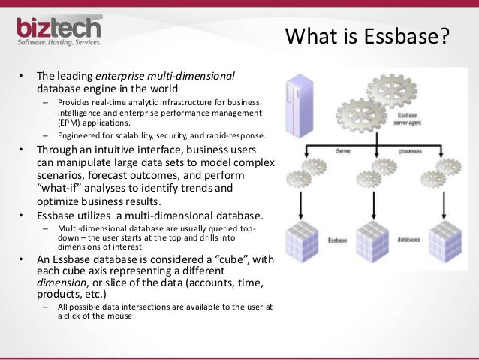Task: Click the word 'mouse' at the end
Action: pyautogui.click(x=121, y=315)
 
